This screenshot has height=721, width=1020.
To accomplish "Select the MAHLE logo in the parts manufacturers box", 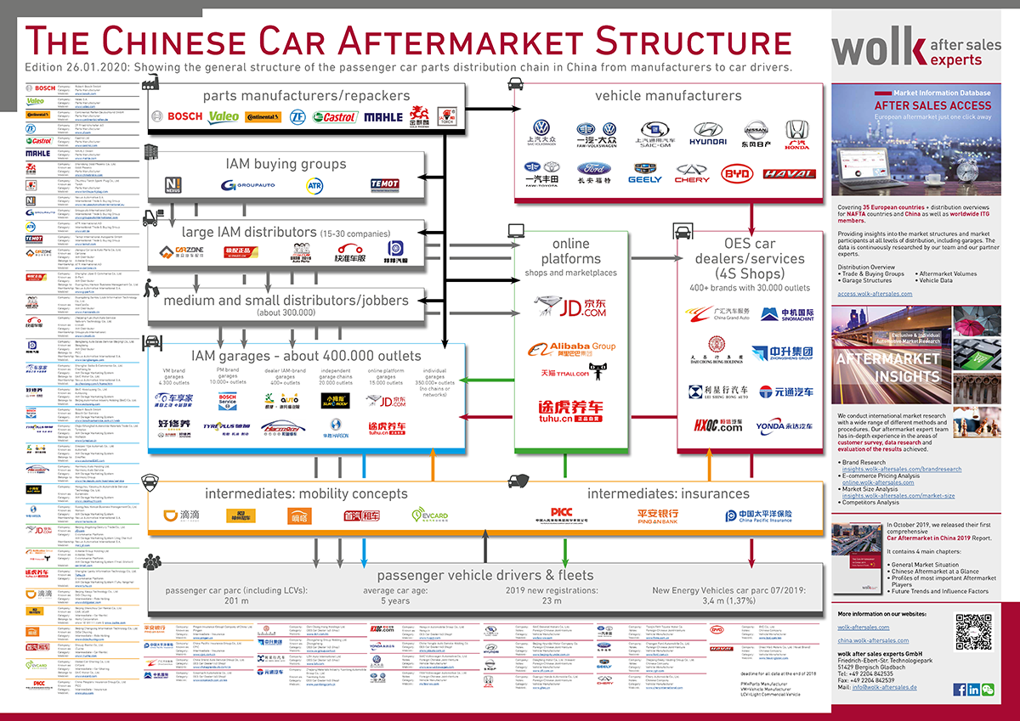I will click(382, 116).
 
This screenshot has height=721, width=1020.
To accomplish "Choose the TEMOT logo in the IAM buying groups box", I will click(385, 184).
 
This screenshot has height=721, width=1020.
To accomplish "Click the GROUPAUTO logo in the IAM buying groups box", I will click(246, 184).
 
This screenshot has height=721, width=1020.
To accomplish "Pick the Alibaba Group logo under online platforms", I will click(571, 346).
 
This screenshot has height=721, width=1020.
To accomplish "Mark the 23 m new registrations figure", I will click(540, 601).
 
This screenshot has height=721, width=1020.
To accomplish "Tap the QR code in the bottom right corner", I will click(973, 631).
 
